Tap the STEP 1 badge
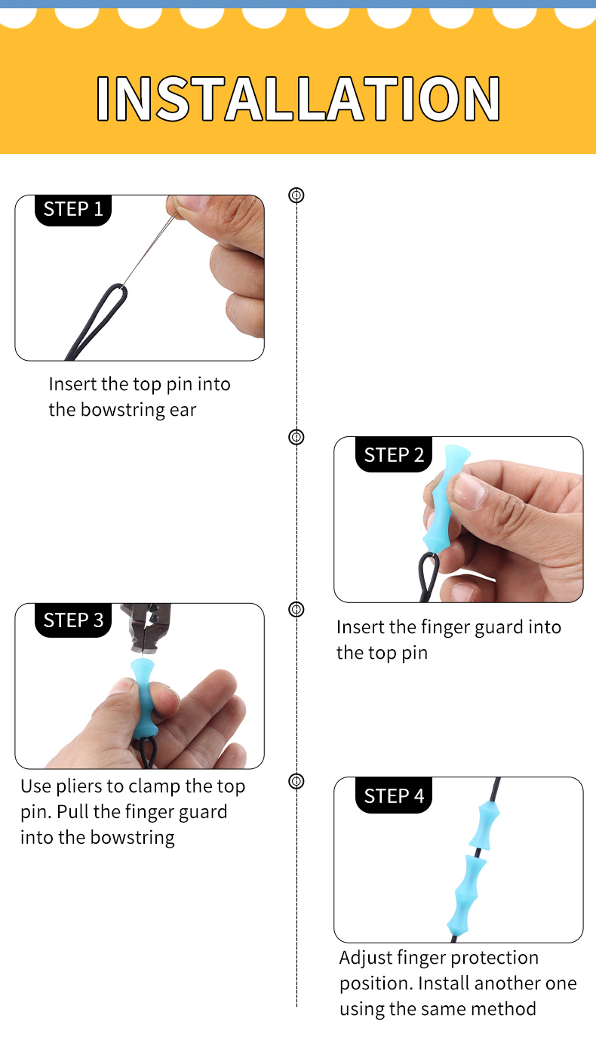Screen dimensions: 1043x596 coord(73,209)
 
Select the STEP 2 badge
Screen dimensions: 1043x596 coord(393,454)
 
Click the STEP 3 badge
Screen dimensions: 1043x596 coord(73,620)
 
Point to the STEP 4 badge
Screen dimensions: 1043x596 coord(393,795)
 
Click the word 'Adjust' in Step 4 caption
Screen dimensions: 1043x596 coord(364,958)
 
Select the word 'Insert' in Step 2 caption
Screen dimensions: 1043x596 coord(360,627)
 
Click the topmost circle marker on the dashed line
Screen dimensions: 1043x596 coord(296,195)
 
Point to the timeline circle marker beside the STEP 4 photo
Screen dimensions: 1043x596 coord(296,781)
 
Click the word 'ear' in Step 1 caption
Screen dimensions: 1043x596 coord(183,410)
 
